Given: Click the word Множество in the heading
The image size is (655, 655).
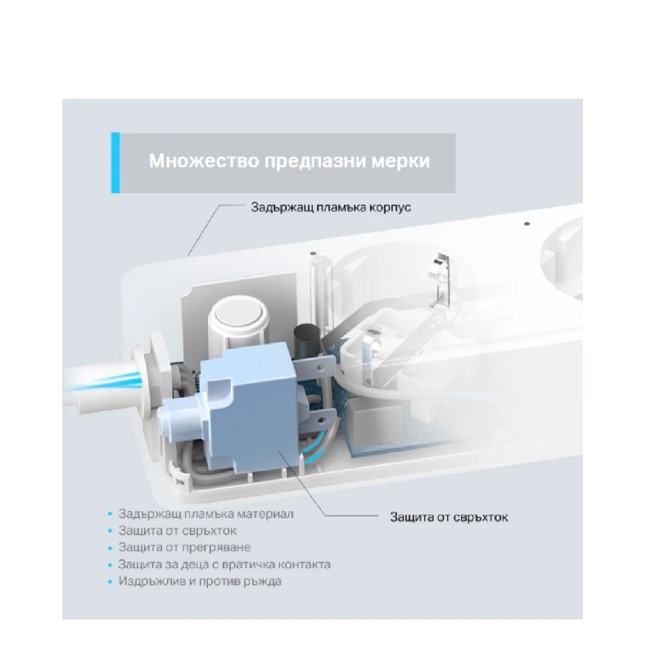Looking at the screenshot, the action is pyautogui.click(x=204, y=160).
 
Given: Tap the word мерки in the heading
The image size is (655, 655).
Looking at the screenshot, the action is pyautogui.click(x=400, y=160).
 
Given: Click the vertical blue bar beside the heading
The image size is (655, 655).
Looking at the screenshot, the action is pyautogui.click(x=115, y=162).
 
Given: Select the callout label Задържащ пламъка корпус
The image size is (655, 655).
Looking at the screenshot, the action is pyautogui.click(x=331, y=207).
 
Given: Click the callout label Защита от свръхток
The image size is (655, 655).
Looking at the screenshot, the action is pyautogui.click(x=449, y=517).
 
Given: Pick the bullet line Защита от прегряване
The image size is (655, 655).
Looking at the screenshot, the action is pyautogui.click(x=185, y=547).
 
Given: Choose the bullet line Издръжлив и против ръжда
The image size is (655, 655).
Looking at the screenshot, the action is pyautogui.click(x=200, y=581).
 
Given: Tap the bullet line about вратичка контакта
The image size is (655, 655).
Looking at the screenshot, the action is pyautogui.click(x=224, y=564).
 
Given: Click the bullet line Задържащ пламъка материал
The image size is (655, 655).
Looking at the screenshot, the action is pyautogui.click(x=206, y=514).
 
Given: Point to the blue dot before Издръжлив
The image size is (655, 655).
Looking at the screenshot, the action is pyautogui.click(x=111, y=581).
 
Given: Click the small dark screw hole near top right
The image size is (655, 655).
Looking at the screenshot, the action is pyautogui.click(x=526, y=224).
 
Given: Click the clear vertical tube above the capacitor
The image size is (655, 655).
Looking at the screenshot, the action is pyautogui.click(x=320, y=288).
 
